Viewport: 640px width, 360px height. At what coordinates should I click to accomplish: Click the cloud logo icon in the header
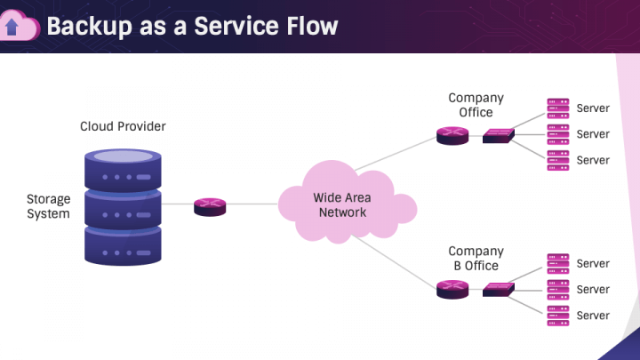(20, 27)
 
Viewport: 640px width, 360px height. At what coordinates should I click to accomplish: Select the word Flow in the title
(312, 26)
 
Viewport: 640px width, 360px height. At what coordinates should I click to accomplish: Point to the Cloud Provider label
(123, 126)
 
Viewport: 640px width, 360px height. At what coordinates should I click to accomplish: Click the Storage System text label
(48, 206)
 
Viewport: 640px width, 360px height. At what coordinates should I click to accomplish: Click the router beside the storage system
(210, 206)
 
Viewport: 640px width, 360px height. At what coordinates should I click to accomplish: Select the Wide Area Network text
(342, 205)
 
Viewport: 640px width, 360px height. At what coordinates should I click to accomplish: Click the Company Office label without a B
(476, 105)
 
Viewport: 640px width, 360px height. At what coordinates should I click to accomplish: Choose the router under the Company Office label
(452, 136)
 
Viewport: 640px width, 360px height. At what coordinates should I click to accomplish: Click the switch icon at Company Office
(499, 136)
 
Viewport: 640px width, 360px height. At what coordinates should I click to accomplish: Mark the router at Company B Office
(452, 289)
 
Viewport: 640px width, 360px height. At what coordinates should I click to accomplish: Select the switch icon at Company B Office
(499, 289)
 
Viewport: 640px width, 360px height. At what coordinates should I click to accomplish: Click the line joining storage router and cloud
(252, 204)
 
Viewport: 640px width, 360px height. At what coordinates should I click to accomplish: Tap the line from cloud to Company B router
(396, 261)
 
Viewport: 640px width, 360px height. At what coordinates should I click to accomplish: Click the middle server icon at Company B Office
(557, 289)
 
